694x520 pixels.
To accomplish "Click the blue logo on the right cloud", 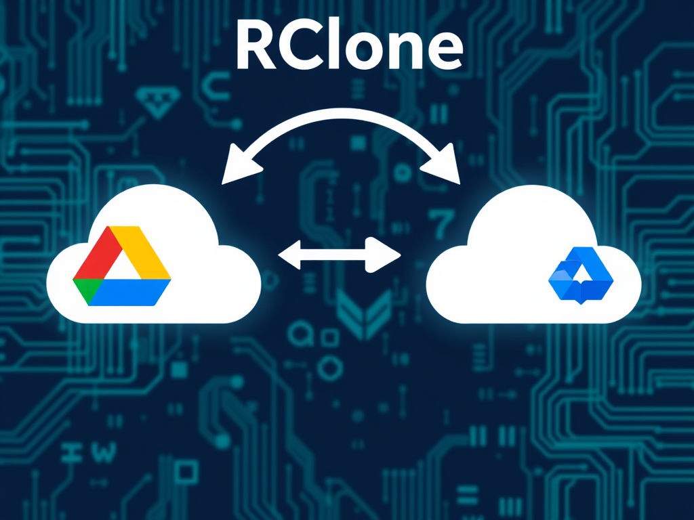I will pos(579,274).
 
